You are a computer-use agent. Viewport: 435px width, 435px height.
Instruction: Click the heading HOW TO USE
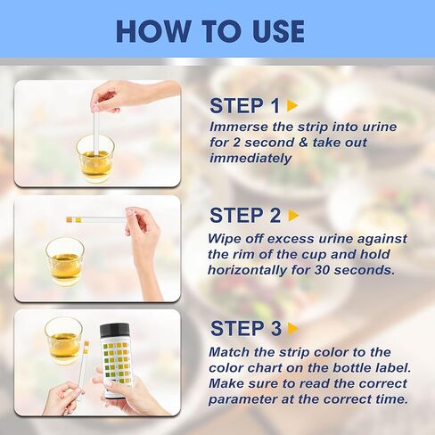coord(210,30)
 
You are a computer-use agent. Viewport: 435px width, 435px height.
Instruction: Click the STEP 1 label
coord(238,106)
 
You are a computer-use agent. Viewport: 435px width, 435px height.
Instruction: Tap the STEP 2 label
coord(238,216)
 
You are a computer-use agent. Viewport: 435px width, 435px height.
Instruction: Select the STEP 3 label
coord(238,328)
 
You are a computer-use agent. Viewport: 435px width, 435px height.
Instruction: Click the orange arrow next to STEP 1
coord(292,106)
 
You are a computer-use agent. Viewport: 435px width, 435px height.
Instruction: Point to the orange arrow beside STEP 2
coord(294,216)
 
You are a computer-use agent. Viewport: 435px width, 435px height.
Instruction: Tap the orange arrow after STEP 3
coord(293,329)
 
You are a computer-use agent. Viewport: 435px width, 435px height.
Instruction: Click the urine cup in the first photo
coord(94,158)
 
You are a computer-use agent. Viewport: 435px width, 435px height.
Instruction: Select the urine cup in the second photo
coord(65,261)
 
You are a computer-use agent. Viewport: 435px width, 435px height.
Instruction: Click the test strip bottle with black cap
coord(116,359)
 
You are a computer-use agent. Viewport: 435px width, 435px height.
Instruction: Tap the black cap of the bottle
coord(116,330)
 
